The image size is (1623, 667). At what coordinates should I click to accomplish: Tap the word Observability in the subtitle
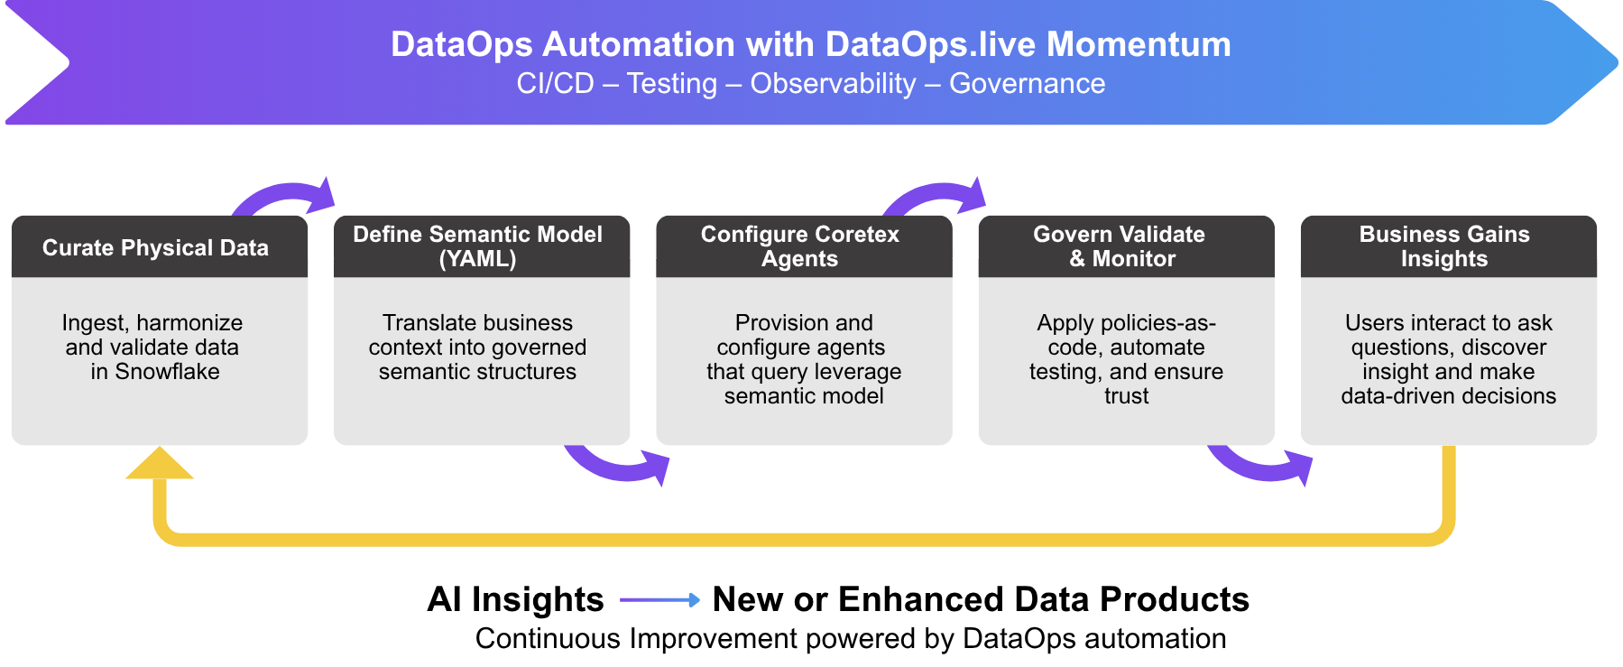tap(832, 84)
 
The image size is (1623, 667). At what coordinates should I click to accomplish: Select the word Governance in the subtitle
tap(1027, 84)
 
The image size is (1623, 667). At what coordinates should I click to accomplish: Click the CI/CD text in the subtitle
tap(555, 84)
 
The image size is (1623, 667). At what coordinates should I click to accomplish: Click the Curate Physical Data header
tap(155, 247)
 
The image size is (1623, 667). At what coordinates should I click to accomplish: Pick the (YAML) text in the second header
tap(477, 259)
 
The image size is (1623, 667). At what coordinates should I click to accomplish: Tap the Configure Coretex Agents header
tap(800, 246)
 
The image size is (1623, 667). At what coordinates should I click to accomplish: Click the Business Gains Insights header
tap(1444, 246)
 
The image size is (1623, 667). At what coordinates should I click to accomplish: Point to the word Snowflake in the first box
tap(167, 372)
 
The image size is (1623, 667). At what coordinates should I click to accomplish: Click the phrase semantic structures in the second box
tap(477, 372)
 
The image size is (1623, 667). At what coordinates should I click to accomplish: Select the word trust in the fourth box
tap(1126, 396)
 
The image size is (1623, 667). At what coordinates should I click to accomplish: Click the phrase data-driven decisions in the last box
tap(1448, 396)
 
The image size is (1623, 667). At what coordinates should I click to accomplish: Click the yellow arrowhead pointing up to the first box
tap(160, 464)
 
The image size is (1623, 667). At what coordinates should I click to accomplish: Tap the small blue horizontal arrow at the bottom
tap(660, 599)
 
